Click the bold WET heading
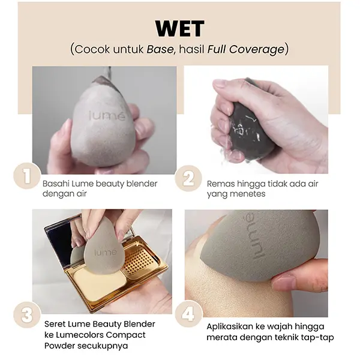pos(180,29)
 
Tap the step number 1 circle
pos(27,176)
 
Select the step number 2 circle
pos(188,178)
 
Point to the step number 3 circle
pos(27,314)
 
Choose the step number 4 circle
pos(188,314)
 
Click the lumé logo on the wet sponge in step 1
pos(107,115)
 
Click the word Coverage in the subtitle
pos(257,49)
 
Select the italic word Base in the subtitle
pos(160,49)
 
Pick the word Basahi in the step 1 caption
pos(56,184)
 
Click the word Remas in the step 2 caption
pos(221,184)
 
